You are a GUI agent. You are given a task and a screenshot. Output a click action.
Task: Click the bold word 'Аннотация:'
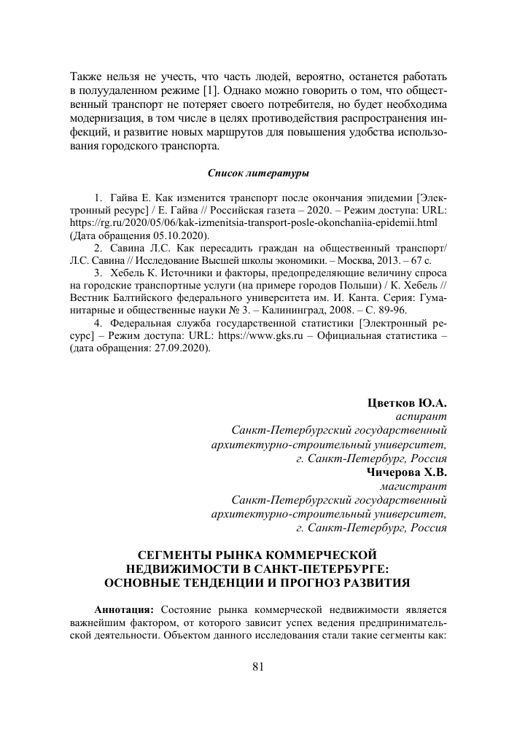coord(123,608)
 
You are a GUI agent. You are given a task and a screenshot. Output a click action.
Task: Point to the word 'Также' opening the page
coord(86,76)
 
